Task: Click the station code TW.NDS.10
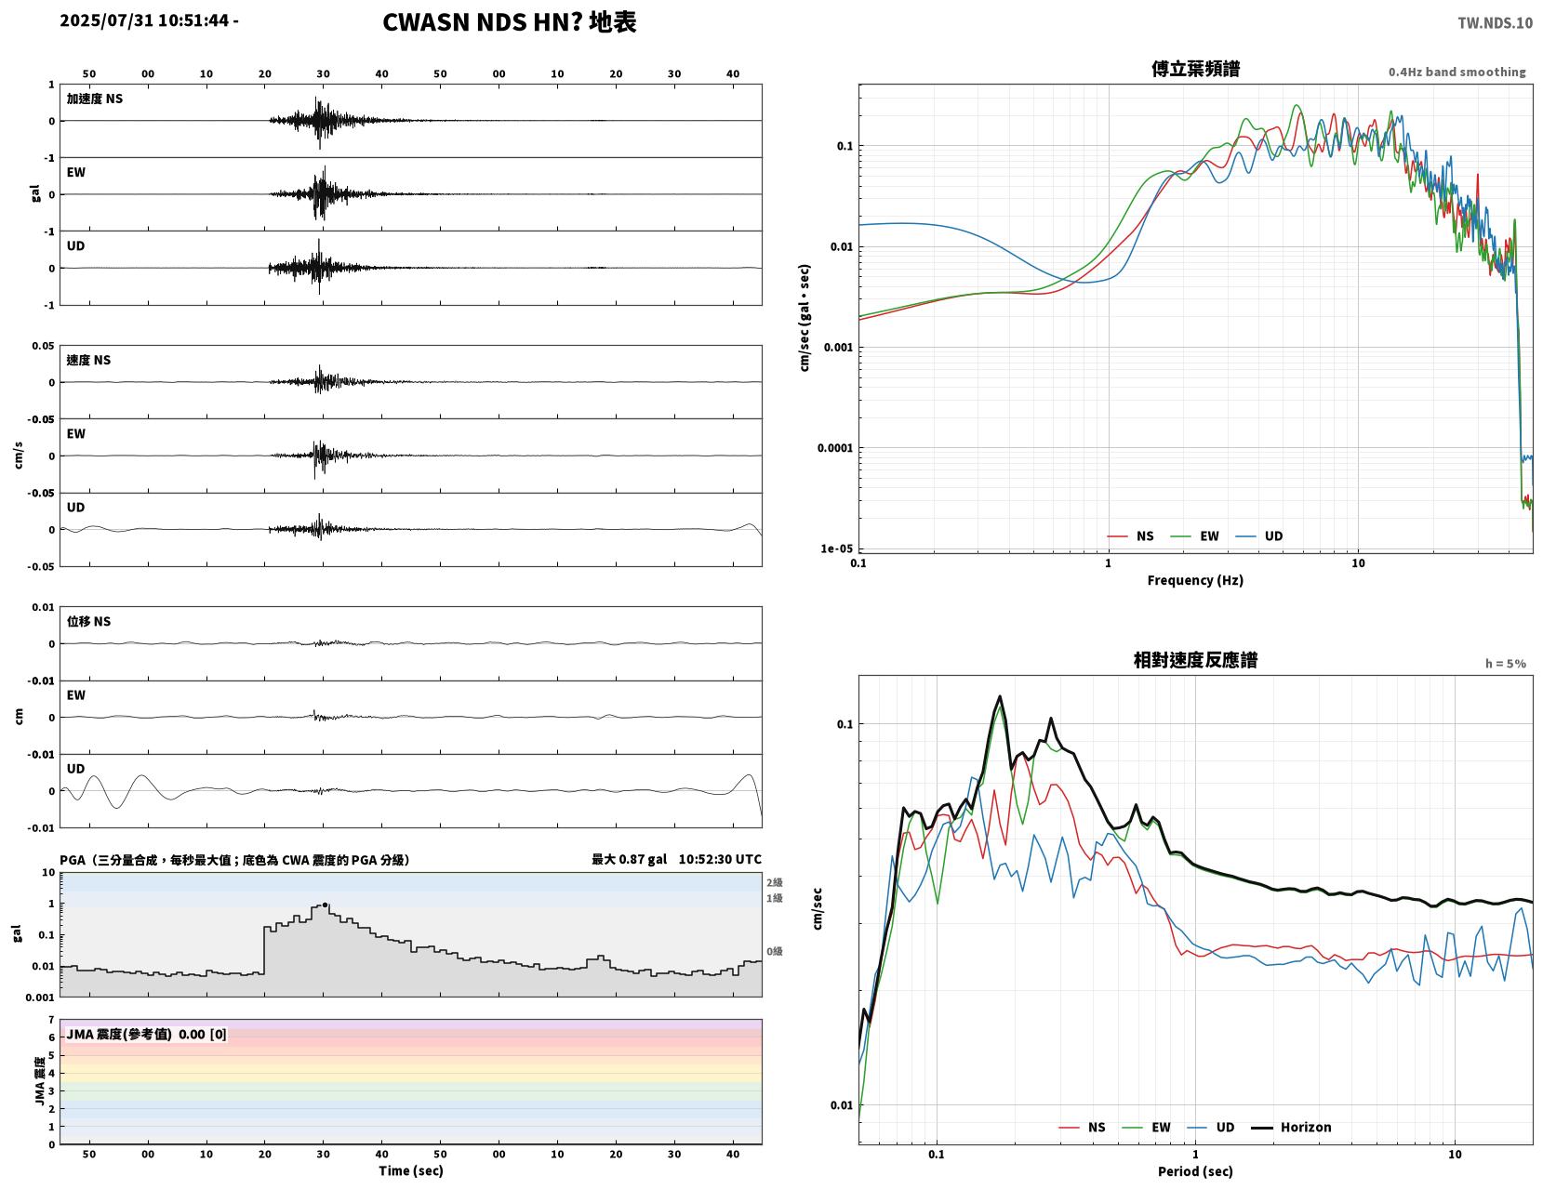pos(1495,22)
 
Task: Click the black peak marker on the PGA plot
pos(325,905)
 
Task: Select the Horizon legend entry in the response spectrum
pos(1290,1127)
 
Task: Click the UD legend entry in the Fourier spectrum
pos(1259,535)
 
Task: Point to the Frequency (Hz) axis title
pos(1194,579)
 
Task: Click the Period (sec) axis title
pos(1194,1170)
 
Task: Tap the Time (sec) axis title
pos(410,1169)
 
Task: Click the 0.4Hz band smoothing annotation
pos(1457,72)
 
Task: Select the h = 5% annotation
pos(1505,664)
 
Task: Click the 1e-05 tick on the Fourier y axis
pos(836,548)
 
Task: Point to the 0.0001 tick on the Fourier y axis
pos(835,448)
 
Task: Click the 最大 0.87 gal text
pos(629,859)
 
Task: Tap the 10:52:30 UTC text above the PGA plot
pos(719,859)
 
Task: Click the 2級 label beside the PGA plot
pos(774,882)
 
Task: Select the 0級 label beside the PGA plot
pos(774,951)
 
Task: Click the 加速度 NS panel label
pos(95,99)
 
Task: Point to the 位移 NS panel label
pos(88,621)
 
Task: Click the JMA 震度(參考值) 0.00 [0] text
pos(146,1035)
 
